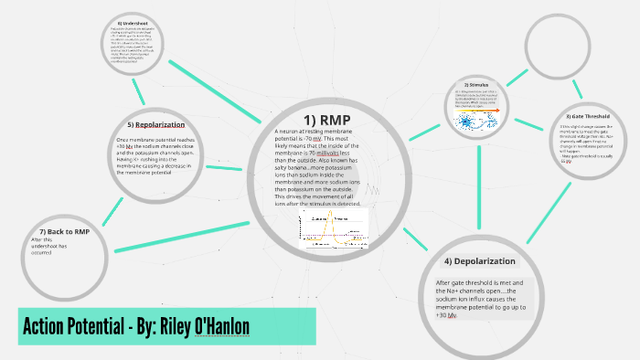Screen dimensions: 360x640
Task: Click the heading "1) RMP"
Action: (326, 120)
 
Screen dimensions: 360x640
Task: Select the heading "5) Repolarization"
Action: (156, 124)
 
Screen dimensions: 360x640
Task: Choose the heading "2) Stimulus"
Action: (476, 85)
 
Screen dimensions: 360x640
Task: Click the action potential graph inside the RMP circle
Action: (328, 232)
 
